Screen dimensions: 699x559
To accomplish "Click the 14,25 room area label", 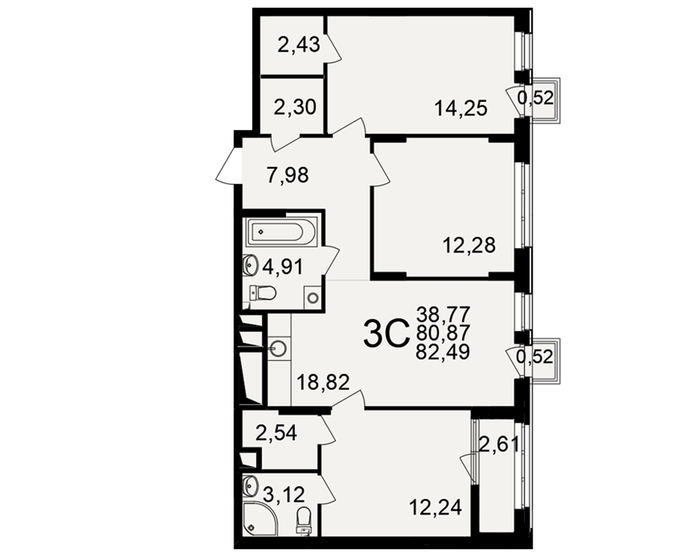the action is [461, 108].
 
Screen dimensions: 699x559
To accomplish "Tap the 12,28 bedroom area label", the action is [469, 245].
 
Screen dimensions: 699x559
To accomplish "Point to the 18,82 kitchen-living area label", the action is [323, 382].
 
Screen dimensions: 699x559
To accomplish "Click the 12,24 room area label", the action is [435, 507].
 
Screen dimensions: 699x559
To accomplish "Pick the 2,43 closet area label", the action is [298, 45].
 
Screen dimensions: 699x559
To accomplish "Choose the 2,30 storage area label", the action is [295, 108].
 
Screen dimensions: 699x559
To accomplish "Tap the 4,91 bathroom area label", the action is [282, 268].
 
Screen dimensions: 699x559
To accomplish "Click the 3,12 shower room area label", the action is [284, 494].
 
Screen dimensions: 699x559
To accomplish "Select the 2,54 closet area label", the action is [276, 433].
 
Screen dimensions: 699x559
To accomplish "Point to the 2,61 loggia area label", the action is [499, 444].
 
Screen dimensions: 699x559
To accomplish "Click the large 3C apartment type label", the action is [386, 335].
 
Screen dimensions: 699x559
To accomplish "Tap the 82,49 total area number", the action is [442, 352].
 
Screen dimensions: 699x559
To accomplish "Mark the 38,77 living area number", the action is [443, 314].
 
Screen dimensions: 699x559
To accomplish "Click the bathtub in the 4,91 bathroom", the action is [281, 232].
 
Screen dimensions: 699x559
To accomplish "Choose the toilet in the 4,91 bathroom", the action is [263, 293].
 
